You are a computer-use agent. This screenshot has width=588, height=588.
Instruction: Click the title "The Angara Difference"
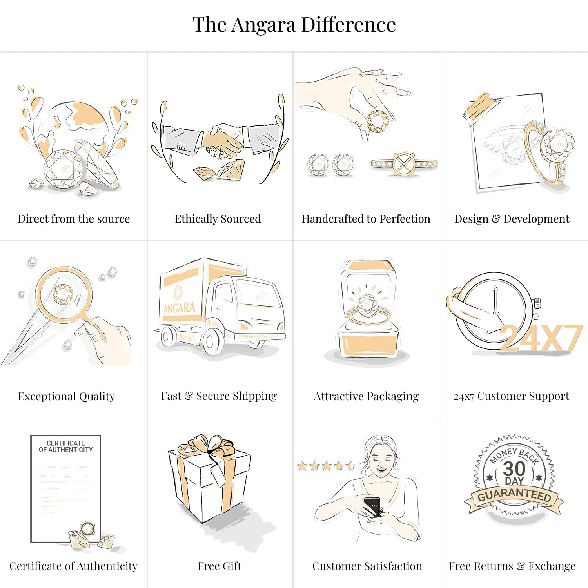point(294,25)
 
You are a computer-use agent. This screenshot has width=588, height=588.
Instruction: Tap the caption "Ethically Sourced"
point(218,219)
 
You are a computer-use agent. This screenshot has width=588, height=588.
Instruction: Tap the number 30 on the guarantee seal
point(514,468)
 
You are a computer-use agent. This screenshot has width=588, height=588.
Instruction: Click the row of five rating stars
point(326,466)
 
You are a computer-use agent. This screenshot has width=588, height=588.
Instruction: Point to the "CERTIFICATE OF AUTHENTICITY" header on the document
point(66,446)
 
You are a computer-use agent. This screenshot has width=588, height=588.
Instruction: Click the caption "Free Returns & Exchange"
point(512,566)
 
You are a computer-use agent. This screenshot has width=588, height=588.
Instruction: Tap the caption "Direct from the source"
point(74,219)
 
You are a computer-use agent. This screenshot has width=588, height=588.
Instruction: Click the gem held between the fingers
point(377,122)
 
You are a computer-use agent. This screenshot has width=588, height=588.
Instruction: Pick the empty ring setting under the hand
point(404,164)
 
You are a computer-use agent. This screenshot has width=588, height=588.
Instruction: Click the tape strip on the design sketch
point(481,106)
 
